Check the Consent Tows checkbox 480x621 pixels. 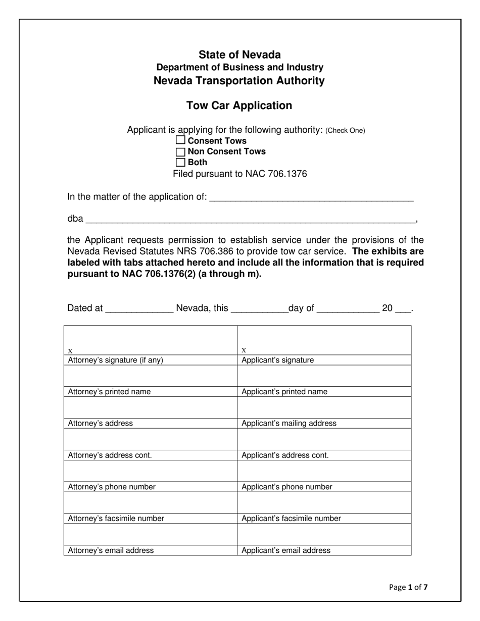(180, 140)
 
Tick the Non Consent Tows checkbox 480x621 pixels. (180, 151)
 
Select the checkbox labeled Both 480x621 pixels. (180, 162)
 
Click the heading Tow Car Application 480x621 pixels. (239, 106)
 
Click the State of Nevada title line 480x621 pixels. (239, 55)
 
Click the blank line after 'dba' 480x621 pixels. (250, 220)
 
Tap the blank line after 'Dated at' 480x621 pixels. (139, 308)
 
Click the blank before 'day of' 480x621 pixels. (259, 308)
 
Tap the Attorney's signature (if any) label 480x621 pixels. (116, 360)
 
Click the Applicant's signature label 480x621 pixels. (277, 360)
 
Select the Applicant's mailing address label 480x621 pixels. (289, 423)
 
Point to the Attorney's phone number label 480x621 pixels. (112, 487)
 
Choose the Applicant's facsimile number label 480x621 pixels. (291, 518)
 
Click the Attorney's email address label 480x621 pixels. (111, 550)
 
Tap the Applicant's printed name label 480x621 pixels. (284, 391)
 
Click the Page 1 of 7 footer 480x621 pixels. (408, 587)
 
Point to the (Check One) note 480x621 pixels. (345, 130)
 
